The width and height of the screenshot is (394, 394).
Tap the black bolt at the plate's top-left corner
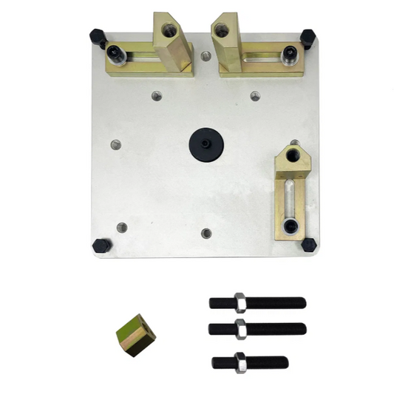click(97, 35)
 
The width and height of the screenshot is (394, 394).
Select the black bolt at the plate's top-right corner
click(308, 37)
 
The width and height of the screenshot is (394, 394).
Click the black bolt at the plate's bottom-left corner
click(101, 245)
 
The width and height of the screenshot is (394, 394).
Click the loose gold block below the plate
click(135, 334)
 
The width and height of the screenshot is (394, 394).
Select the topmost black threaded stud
click(257, 302)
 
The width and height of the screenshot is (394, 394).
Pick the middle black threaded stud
click(257, 328)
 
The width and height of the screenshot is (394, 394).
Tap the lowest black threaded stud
click(250, 362)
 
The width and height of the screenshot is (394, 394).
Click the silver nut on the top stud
click(240, 302)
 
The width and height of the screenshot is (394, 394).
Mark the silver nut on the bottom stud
click(240, 362)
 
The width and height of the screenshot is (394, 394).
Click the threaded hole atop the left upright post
click(170, 30)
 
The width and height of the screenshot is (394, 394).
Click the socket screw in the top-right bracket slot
click(291, 52)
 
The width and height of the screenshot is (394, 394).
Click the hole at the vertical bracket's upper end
click(295, 155)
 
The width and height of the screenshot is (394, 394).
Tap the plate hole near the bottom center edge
click(206, 233)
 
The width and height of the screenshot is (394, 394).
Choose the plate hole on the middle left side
click(115, 144)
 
